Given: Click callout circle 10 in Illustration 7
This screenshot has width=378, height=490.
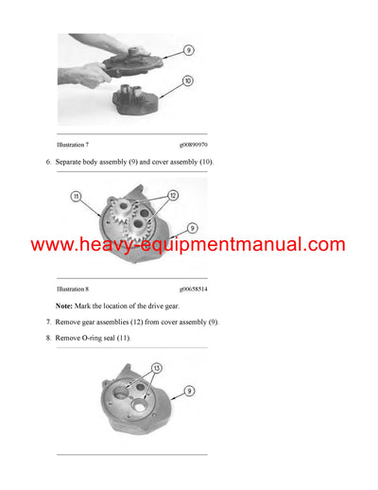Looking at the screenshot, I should coord(187,82).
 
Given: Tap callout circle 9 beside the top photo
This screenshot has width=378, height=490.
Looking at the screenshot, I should coord(189,50).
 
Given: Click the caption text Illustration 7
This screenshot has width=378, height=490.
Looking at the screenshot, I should coord(73,145).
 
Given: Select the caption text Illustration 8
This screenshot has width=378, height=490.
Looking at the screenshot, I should coord(73,289).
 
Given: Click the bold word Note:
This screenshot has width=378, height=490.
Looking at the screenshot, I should coord(64,306).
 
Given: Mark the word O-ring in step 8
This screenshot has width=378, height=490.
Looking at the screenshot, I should coord(97,338).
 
